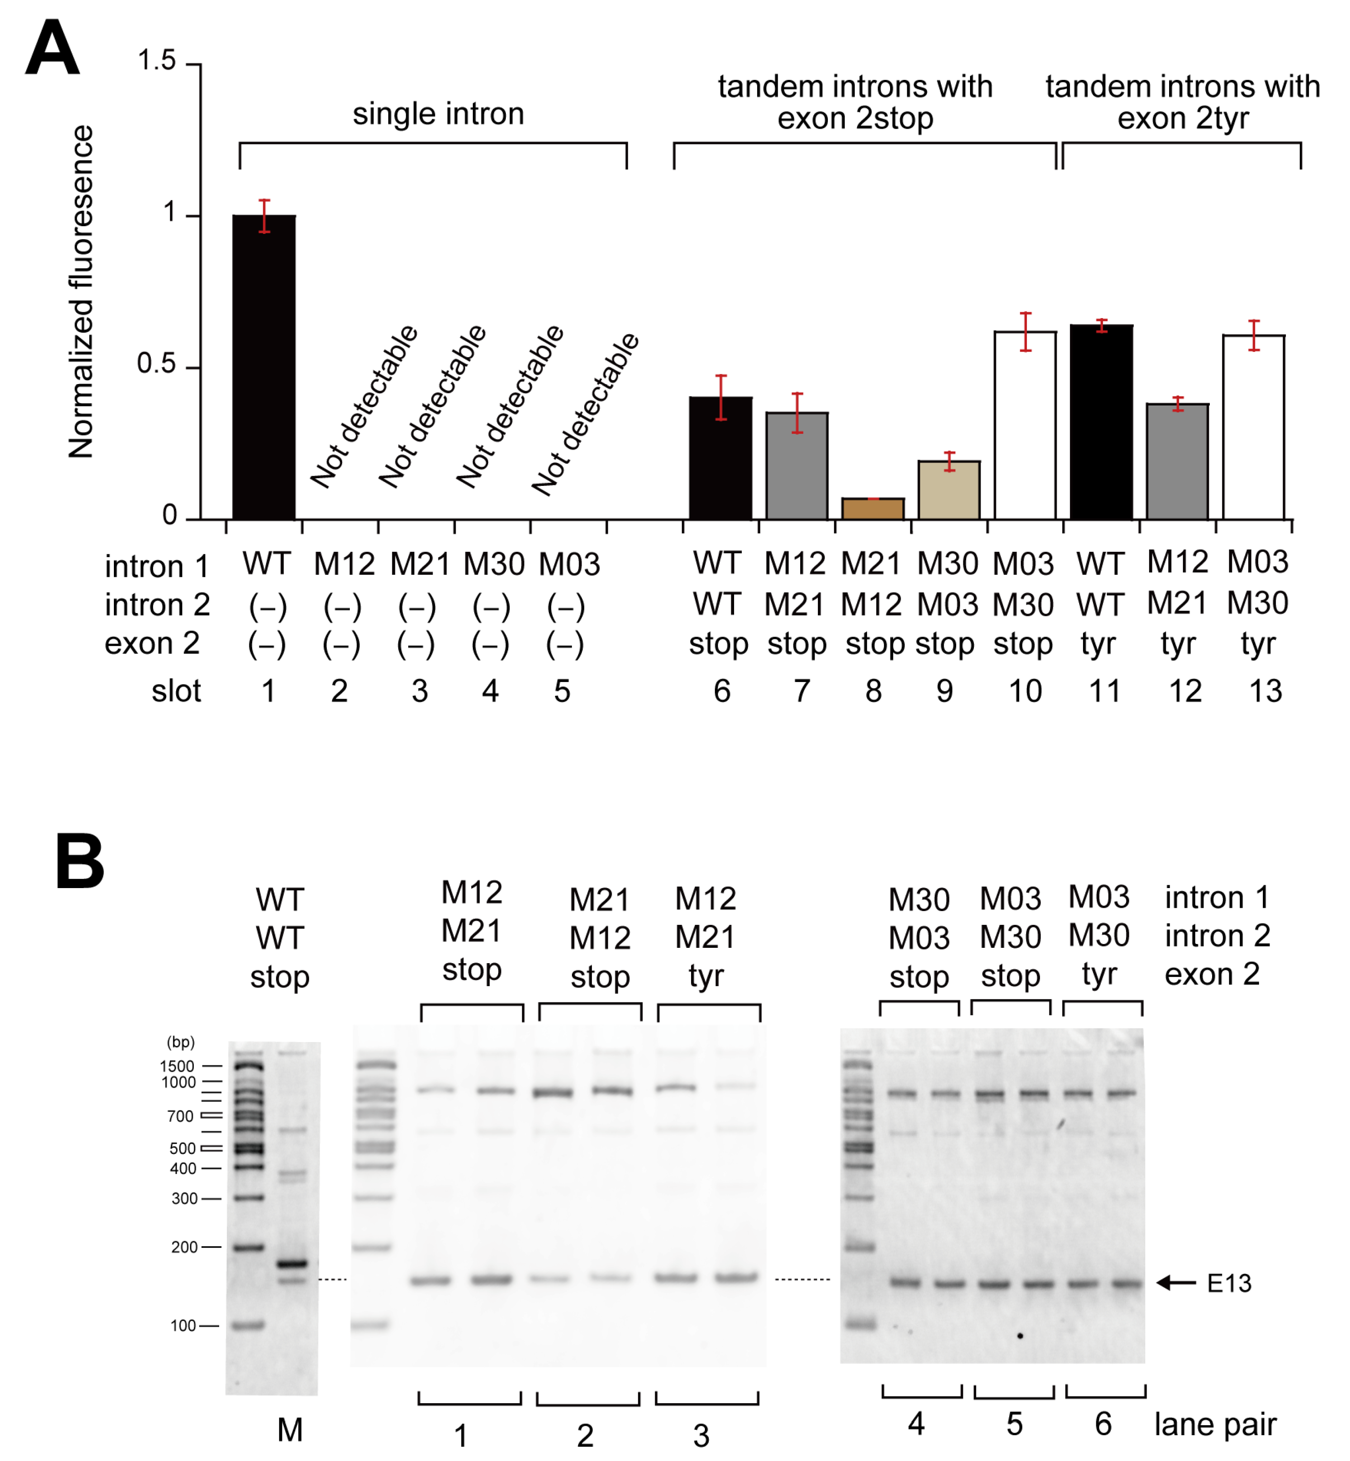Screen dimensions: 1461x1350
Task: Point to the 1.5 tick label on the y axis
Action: [x=156, y=61]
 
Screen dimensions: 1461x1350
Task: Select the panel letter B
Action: [x=80, y=862]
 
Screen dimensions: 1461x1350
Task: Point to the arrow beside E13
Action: [x=1176, y=1283]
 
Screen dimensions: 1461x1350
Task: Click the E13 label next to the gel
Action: [x=1229, y=1284]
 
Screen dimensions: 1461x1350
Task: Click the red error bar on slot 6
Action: [x=721, y=398]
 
